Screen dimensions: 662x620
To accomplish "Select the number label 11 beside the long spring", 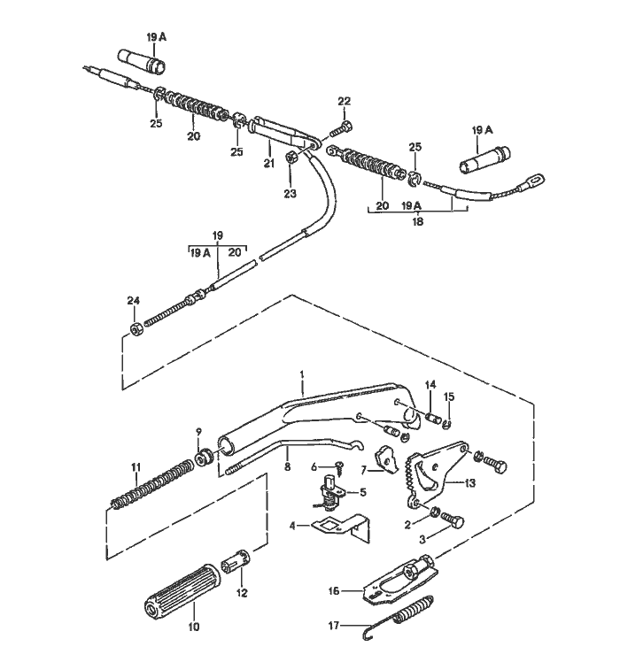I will [x=136, y=466].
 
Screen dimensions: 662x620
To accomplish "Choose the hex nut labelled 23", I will [x=291, y=158].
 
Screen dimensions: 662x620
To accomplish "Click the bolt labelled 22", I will [x=342, y=130].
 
